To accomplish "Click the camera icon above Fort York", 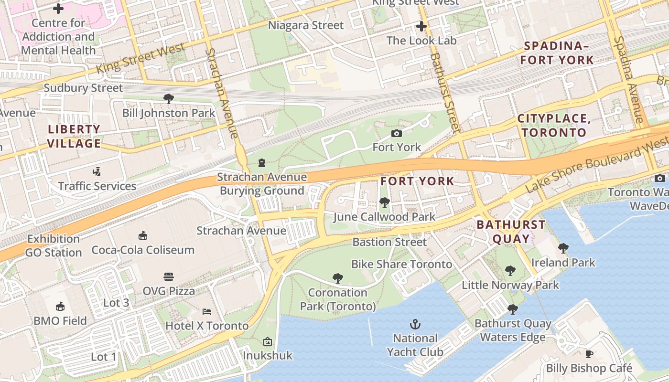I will (x=396, y=134).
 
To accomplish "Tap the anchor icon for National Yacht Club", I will (x=415, y=325).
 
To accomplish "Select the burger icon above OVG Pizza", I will (x=168, y=277).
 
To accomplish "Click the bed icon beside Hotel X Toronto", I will (x=207, y=312).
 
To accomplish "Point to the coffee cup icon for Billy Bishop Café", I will (x=589, y=354).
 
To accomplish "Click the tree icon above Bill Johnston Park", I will (x=168, y=99).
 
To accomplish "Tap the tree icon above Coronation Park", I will (x=338, y=278).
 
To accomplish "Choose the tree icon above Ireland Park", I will (x=563, y=248).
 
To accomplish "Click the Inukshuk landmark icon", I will (x=267, y=341).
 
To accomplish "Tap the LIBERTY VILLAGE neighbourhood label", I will (x=75, y=136).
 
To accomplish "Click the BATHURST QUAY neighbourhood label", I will (x=511, y=232).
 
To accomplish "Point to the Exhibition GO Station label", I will (x=54, y=246).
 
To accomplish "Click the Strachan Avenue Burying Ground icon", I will (x=261, y=163).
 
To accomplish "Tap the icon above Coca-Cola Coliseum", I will (x=142, y=235).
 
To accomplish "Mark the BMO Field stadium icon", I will (x=60, y=306).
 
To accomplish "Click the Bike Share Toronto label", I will (x=401, y=264).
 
